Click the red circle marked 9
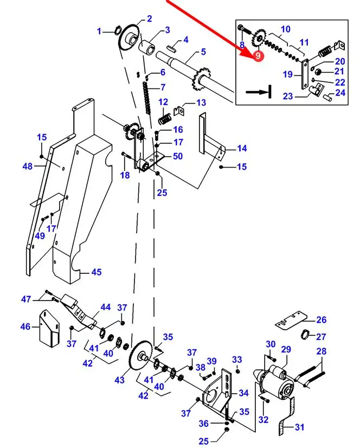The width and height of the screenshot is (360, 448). coord(258,55)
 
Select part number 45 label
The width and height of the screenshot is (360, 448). coord(96,272)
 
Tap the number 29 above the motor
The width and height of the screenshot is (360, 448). coord(286,349)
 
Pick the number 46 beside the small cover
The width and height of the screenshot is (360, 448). coord(25,327)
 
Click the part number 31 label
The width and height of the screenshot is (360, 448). coord(299,427)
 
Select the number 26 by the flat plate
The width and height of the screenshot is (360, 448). coord(322,319)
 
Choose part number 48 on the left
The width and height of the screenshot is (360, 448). coord(28,167)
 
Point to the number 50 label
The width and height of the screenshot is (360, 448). coord(177,157)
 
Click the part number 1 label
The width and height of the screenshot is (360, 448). coord(99,31)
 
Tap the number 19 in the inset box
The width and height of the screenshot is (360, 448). coord(288,74)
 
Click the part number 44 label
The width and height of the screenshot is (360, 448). coord(105,308)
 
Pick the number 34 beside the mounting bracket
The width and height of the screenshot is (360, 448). coord(243,393)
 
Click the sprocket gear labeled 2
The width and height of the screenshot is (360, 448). coord(129,36)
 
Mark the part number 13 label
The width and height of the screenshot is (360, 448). coord(201,103)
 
